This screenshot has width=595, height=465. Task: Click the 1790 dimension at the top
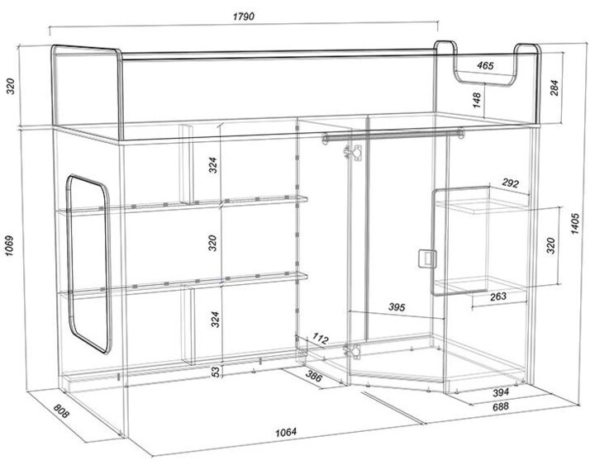(244, 17)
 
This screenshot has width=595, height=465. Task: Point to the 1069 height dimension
(9, 246)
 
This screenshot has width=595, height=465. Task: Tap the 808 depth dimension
(61, 410)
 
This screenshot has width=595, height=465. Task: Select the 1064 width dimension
(286, 432)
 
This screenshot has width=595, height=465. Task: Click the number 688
(501, 407)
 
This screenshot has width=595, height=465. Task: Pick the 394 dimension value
(501, 392)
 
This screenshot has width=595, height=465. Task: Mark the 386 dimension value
(313, 376)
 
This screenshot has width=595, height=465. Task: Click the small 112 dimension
(321, 338)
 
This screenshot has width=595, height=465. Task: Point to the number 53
(216, 372)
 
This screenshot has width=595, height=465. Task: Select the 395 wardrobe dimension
(397, 307)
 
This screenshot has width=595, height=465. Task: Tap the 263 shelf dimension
(498, 297)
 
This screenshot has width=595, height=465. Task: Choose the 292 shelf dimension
(510, 183)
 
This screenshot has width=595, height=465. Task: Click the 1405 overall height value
(575, 224)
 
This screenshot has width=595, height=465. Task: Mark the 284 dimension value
(555, 88)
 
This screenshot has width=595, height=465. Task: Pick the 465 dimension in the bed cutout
(485, 65)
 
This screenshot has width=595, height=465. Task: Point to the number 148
(477, 100)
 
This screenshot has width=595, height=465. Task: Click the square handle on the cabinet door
(427, 259)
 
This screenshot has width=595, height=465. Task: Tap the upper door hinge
(354, 152)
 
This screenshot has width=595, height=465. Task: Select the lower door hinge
(354, 351)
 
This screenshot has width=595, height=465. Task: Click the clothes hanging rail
(393, 135)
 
